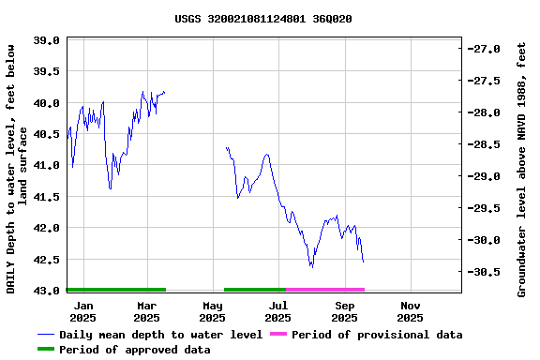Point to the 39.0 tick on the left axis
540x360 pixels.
point(47,40)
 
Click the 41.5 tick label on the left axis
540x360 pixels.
point(47,197)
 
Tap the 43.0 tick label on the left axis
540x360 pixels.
point(47,291)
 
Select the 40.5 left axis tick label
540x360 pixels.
point(47,134)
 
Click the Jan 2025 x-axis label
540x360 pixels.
point(83,311)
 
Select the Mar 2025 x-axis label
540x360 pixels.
point(147,311)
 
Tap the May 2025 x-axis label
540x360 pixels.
point(213,311)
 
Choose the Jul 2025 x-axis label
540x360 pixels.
point(278,311)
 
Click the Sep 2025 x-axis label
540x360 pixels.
point(345,311)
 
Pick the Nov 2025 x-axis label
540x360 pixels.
point(410,311)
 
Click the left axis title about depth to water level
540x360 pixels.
point(18,167)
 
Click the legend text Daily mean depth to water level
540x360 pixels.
point(160,335)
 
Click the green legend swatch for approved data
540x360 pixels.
point(46,350)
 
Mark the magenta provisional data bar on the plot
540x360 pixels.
point(325,290)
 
